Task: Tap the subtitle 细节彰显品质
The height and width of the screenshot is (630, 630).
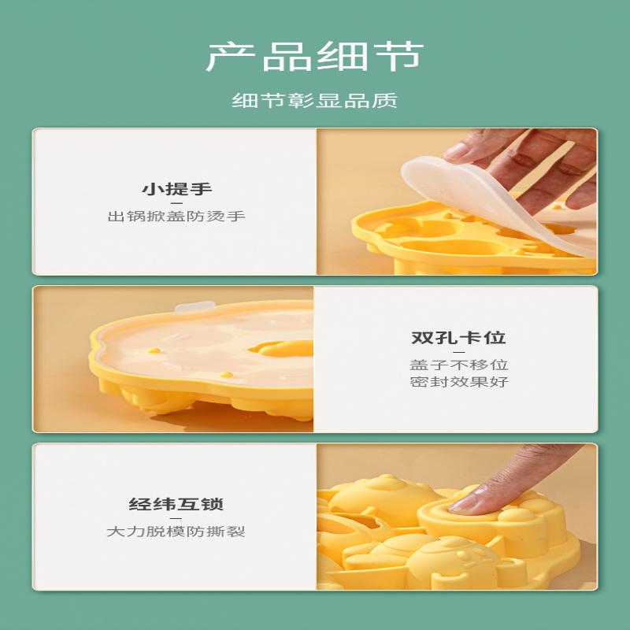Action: pyautogui.click(x=315, y=101)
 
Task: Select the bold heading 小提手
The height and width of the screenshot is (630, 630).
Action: pyautogui.click(x=176, y=189)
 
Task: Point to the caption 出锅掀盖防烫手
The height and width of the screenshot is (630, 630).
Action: pyautogui.click(x=176, y=216)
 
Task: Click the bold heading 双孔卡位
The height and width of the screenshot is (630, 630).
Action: pyautogui.click(x=458, y=339)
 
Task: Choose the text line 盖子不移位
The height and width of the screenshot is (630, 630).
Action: pyautogui.click(x=458, y=365)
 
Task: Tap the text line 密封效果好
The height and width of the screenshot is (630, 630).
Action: pyautogui.click(x=458, y=382)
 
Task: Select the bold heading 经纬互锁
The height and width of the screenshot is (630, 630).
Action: pyautogui.click(x=176, y=505)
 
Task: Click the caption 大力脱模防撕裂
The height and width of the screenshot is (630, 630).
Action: pyautogui.click(x=176, y=532)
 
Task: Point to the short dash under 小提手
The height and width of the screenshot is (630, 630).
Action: pyautogui.click(x=176, y=202)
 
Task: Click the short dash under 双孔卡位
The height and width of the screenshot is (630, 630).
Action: pyautogui.click(x=458, y=352)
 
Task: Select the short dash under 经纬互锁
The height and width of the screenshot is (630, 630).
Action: pyautogui.click(x=176, y=518)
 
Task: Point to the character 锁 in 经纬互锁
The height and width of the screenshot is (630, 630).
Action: pyautogui.click(x=212, y=505)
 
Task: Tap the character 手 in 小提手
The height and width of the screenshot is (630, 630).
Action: pyautogui.click(x=202, y=189)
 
